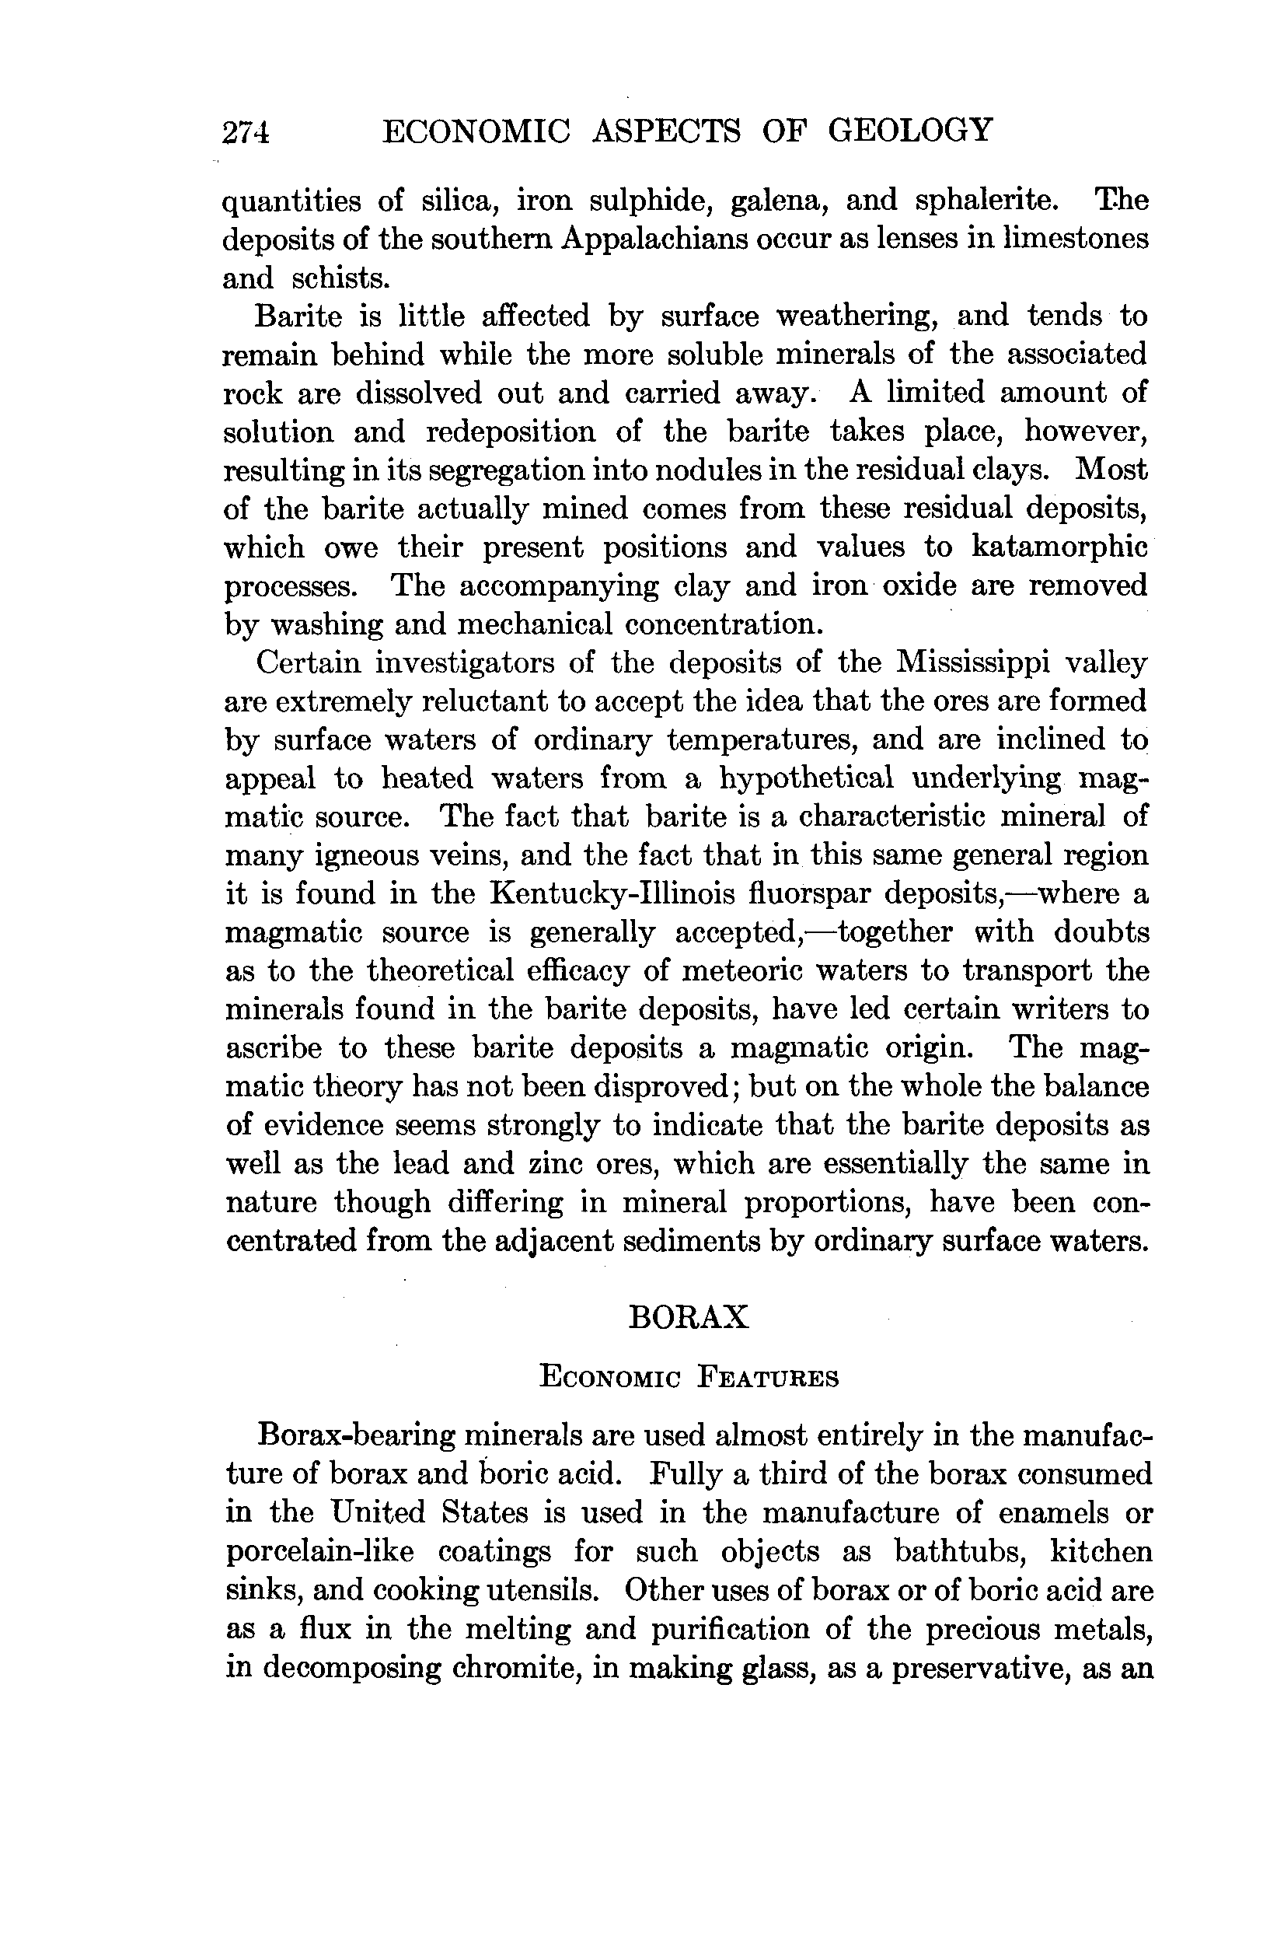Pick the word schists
341,278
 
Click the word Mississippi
975,662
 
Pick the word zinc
563,1163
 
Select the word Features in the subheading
768,1379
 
